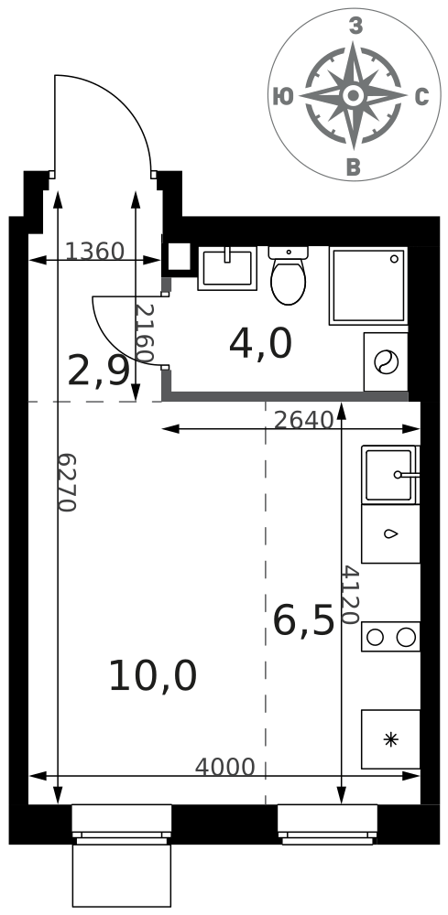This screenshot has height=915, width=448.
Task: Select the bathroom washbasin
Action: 227,268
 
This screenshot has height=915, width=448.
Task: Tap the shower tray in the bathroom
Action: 368,285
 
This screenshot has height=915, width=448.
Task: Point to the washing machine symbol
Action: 386,361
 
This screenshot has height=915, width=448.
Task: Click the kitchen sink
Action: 390,474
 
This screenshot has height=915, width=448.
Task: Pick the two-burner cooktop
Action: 390,637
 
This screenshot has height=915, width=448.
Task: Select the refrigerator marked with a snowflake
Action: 390,739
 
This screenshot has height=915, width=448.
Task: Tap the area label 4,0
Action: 260,344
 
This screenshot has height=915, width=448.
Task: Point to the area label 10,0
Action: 152,676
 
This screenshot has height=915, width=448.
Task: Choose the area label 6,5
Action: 304,620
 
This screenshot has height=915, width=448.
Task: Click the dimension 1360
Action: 94,252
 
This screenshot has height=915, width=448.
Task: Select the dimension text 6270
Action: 68,482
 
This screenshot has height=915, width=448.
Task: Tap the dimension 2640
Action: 303,420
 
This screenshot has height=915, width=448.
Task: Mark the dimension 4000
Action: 224,768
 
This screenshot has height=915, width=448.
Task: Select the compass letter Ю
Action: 283,97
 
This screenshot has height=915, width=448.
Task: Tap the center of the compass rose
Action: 353,95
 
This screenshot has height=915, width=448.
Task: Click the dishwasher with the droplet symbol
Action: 390,533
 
